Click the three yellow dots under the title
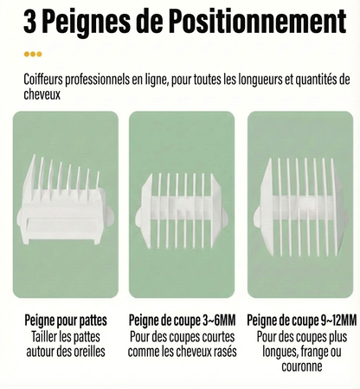[x=33, y=54]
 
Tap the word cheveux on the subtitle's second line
[x=44, y=94]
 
